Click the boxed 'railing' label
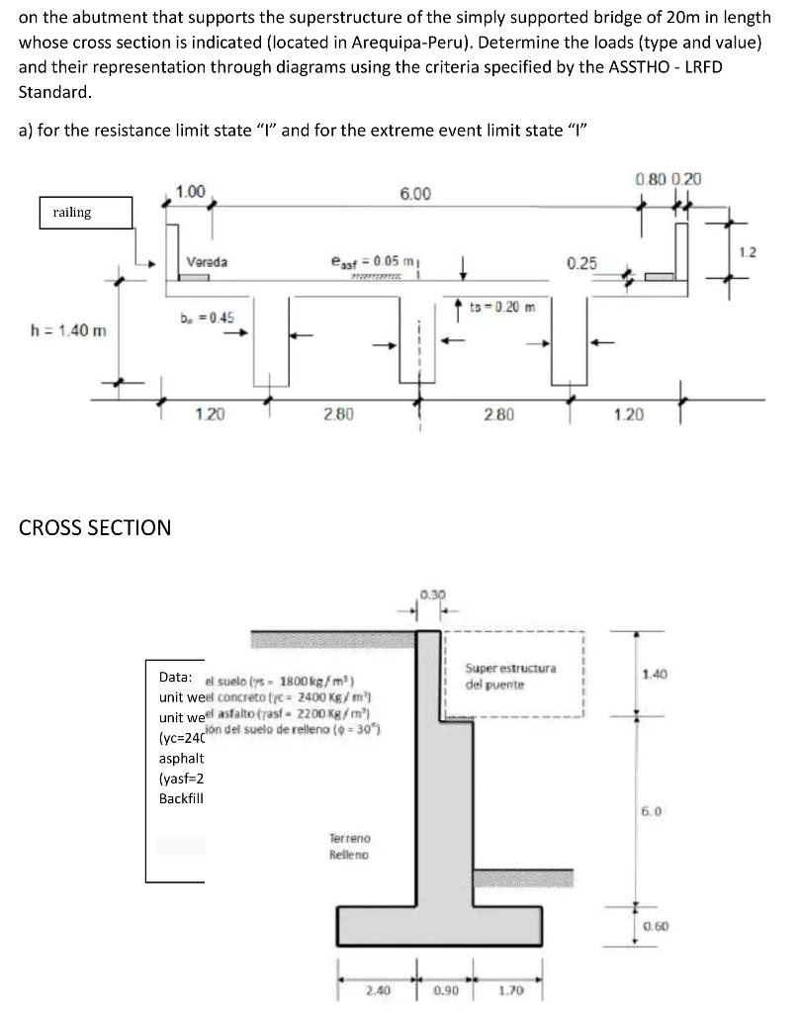pyautogui.click(x=72, y=213)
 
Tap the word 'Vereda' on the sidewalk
pyautogui.click(x=207, y=262)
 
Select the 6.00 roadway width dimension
pyautogui.click(x=414, y=194)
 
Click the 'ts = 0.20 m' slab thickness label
pyautogui.click(x=501, y=307)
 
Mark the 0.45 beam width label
pyautogui.click(x=207, y=318)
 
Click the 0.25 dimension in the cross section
pyautogui.click(x=581, y=263)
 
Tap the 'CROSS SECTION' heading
pyautogui.click(x=95, y=527)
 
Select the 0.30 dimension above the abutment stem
pyautogui.click(x=431, y=596)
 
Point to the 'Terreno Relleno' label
pyautogui.click(x=349, y=846)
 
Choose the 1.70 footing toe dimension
pyautogui.click(x=510, y=987)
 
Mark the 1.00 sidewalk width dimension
pyautogui.click(x=190, y=191)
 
